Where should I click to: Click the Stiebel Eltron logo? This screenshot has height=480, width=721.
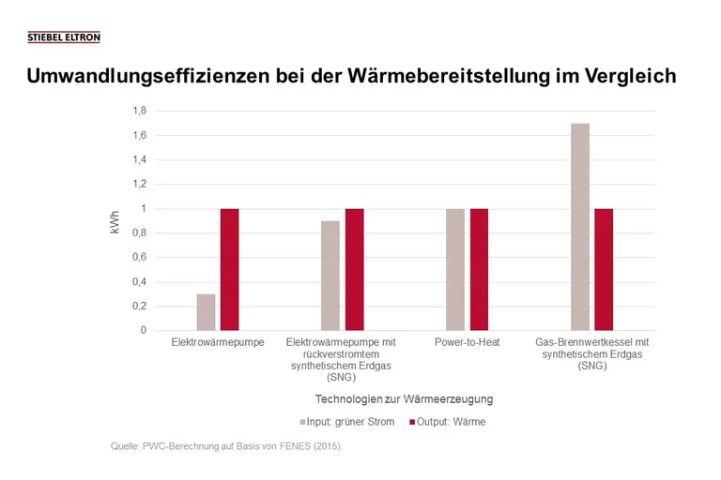click(64, 37)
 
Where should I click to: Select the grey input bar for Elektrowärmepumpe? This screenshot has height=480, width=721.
click(206, 312)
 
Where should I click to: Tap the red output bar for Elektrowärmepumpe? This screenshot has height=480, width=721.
click(229, 269)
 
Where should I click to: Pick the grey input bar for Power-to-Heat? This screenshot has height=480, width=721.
click(455, 269)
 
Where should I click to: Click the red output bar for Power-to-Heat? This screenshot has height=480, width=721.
click(479, 269)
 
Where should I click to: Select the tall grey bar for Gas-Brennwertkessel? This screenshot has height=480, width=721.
click(580, 227)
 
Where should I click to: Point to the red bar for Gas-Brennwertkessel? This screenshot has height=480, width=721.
click(604, 269)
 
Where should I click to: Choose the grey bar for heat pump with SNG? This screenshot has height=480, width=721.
click(330, 276)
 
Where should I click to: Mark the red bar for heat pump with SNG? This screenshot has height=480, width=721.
click(354, 269)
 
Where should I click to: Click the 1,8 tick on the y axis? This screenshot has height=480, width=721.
click(139, 112)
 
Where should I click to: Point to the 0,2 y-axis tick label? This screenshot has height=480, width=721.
click(139, 307)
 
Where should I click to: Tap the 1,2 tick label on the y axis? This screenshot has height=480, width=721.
click(139, 185)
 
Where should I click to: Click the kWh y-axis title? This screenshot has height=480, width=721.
click(115, 220)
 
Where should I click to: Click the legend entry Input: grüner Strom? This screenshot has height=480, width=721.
click(346, 422)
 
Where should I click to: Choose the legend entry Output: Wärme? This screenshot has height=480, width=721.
click(447, 422)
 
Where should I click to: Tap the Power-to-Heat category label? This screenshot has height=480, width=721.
click(467, 343)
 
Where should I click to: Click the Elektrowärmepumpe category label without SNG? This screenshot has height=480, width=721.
click(218, 343)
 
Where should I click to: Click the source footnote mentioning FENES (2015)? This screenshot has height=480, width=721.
click(226, 446)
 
